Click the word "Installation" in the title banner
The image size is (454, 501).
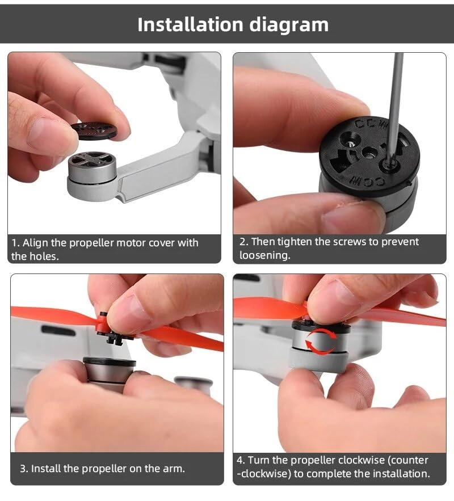[x=191, y=24]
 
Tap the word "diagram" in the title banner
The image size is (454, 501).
[x=289, y=26]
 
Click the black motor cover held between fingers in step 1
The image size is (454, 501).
[x=94, y=130]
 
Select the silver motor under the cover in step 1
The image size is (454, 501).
[x=92, y=169]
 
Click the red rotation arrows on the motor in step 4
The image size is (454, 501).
[x=321, y=343]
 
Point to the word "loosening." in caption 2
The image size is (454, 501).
[x=265, y=255]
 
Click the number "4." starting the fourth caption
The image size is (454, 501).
[x=241, y=460]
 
